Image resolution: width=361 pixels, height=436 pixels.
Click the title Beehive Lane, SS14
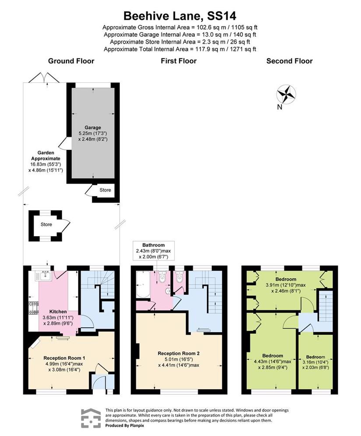click(180, 16)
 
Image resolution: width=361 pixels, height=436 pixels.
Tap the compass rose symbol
click(286, 94)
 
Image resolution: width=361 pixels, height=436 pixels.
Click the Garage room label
click(93, 128)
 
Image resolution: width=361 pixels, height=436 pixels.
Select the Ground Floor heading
click(71, 61)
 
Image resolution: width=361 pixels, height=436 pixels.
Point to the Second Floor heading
click(289, 61)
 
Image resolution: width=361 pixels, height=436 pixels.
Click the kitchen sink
click(44, 276)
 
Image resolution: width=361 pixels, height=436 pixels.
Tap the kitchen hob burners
click(33, 308)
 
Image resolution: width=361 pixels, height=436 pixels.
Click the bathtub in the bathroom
click(143, 285)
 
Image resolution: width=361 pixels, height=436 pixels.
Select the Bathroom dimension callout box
click(154, 251)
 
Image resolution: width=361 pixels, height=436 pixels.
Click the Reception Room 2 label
click(179, 354)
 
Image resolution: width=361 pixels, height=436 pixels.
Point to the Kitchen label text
click(58, 312)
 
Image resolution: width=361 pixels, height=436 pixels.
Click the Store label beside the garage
click(105, 190)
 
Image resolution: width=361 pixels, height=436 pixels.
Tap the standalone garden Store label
click(46, 224)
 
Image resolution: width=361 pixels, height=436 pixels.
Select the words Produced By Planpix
click(125, 425)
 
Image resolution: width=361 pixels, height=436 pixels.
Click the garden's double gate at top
click(44, 78)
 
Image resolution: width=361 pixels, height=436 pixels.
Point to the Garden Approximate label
click(46, 156)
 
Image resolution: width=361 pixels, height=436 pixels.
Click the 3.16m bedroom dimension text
click(315, 362)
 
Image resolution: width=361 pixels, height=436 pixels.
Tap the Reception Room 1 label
click(64, 358)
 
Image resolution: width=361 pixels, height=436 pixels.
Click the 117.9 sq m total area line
click(180, 49)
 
